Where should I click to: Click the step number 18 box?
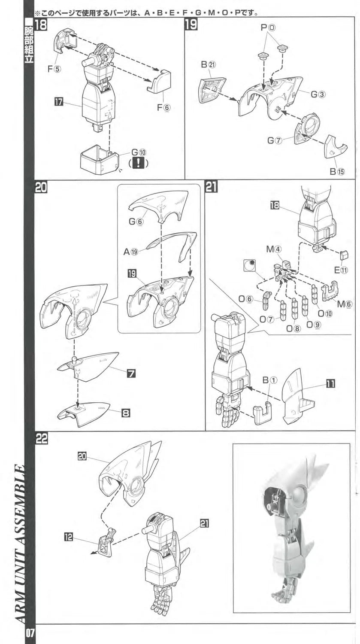[x=41, y=25]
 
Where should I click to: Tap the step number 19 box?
[x=191, y=25]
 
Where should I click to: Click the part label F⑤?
[x=54, y=68]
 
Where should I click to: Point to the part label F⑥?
[x=163, y=107]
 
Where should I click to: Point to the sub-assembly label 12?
[x=68, y=536]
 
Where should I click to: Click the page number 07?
[x=30, y=634]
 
